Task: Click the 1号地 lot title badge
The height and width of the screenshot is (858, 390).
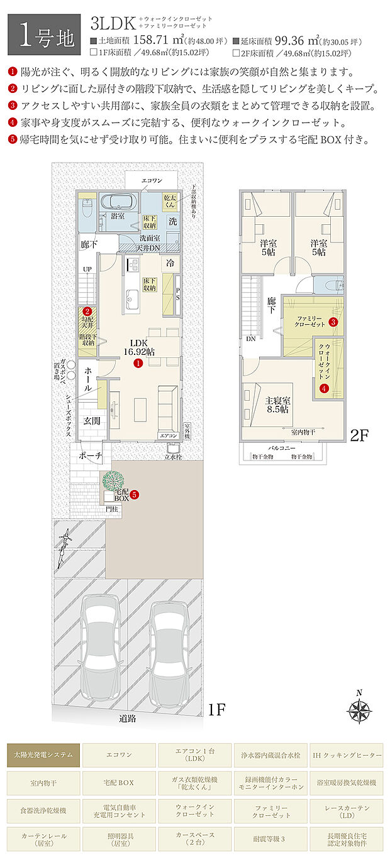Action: coord(44,35)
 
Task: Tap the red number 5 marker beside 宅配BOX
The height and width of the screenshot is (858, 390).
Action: coord(134,494)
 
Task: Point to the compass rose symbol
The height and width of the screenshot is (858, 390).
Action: coord(360,709)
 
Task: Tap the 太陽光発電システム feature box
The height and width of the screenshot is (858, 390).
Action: coord(43,754)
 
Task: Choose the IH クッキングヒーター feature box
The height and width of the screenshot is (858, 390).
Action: coord(347,754)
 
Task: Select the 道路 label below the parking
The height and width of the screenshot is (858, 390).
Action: coord(128,718)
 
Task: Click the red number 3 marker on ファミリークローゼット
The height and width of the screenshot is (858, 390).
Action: coord(333,322)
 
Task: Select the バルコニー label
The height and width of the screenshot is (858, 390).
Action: coord(282,448)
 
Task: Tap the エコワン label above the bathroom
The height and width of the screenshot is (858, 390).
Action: coord(152,181)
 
